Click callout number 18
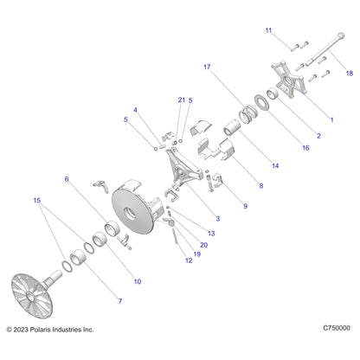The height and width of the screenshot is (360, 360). pyautogui.click(x=350, y=74)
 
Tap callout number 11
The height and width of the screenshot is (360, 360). pyautogui.click(x=268, y=30)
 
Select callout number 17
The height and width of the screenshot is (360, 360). pyautogui.click(x=207, y=67)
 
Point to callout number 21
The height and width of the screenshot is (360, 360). pyautogui.click(x=182, y=100)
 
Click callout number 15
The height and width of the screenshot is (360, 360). pyautogui.click(x=37, y=200)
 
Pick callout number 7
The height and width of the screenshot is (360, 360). pyautogui.click(x=120, y=301)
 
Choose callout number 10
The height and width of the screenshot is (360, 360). pyautogui.click(x=138, y=281)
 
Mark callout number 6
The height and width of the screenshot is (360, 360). pyautogui.click(x=67, y=179)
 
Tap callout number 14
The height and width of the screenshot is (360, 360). pyautogui.click(x=275, y=165)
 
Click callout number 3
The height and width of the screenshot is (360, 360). pyautogui.click(x=218, y=219)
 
